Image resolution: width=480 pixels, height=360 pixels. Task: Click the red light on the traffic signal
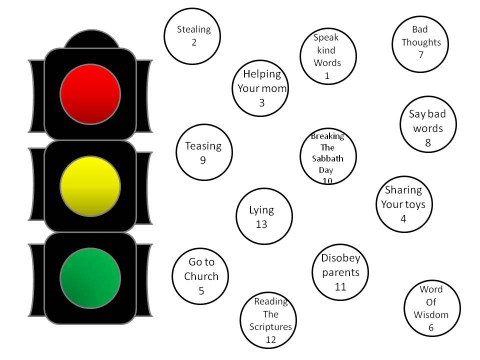tap(90, 93)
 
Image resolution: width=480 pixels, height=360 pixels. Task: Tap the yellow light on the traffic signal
tap(90, 186)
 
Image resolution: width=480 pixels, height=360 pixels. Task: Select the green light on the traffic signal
tap(90, 278)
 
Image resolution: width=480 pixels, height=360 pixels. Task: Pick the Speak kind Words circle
tap(327, 56)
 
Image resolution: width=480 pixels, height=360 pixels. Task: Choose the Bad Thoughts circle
tap(420, 45)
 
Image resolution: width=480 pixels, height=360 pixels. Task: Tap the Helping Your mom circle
tap(261, 88)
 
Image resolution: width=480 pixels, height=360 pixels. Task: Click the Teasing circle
tap(205, 152)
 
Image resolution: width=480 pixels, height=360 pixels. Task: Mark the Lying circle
tap(263, 216)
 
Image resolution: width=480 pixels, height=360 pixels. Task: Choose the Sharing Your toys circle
tap(404, 204)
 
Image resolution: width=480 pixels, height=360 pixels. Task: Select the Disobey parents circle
tap(340, 272)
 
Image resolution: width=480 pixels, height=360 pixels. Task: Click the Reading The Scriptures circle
tap(268, 320)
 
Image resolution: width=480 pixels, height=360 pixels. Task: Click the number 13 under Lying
tap(261, 224)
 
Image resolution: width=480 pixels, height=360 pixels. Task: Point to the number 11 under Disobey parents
tap(340, 287)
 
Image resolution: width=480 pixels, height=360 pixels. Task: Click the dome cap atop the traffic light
tap(90, 40)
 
